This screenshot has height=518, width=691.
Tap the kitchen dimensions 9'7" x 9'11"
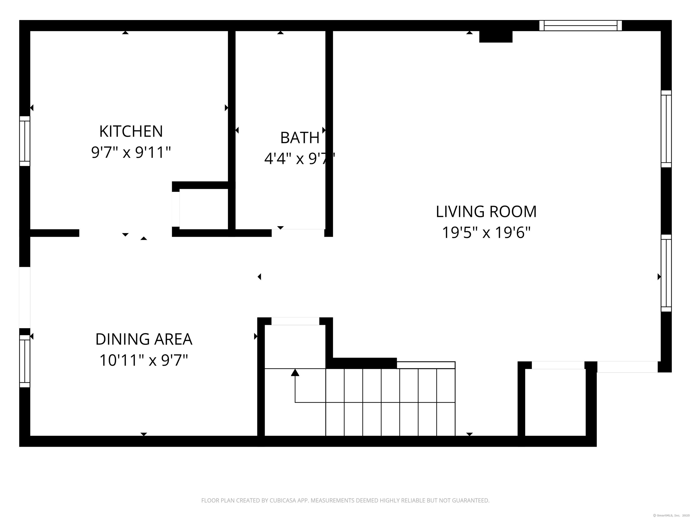coord(131,153)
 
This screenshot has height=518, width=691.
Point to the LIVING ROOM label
coord(486,212)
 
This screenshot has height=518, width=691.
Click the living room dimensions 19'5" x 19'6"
coord(486,233)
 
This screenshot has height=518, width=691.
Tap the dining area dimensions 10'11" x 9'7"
coord(144,360)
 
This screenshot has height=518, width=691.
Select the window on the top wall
coord(580,26)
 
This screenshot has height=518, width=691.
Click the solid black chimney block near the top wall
coord(496,36)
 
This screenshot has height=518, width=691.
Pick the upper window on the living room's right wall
coord(666,129)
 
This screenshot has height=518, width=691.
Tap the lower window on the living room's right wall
coord(666,273)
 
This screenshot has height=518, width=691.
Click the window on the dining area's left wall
coord(25,361)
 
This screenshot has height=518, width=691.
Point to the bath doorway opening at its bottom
coord(298,233)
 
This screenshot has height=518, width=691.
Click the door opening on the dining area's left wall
coord(25,298)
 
